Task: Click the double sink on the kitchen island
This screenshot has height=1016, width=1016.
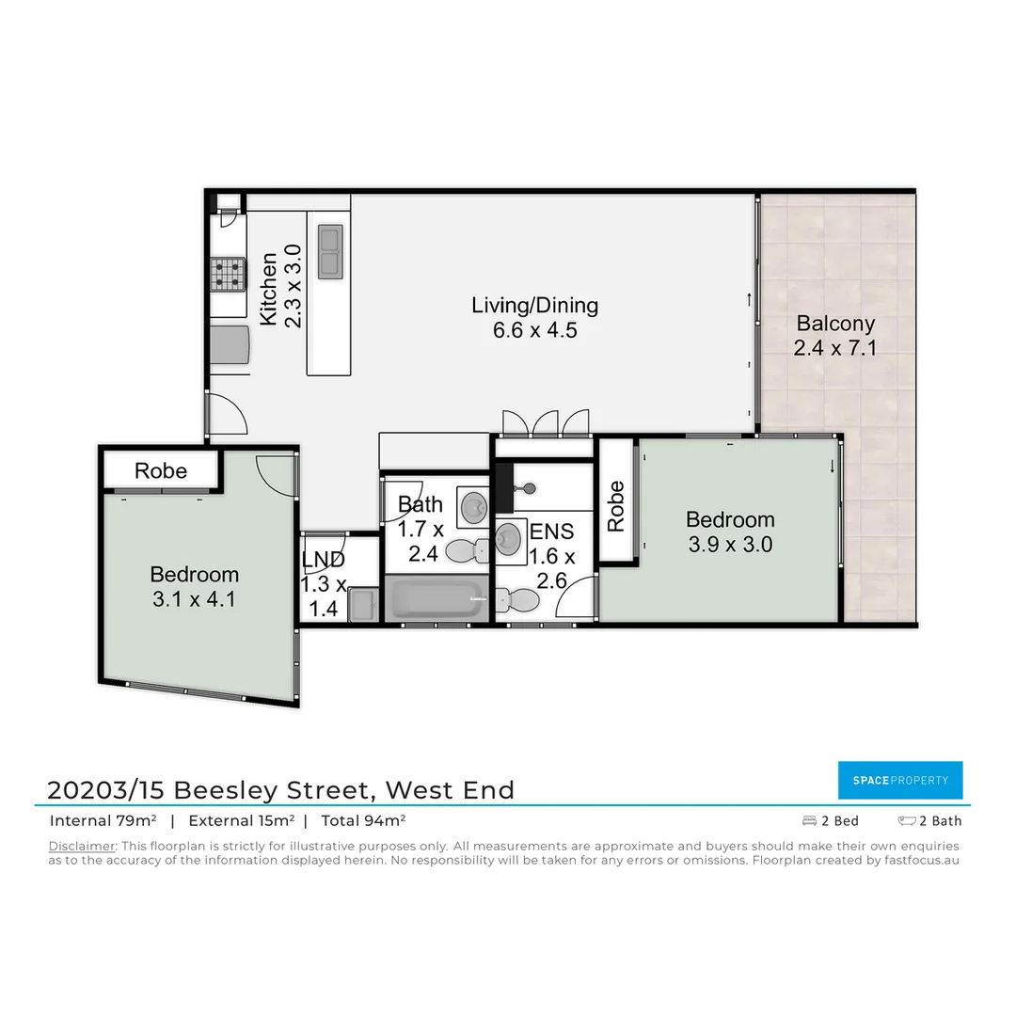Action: tap(330, 251)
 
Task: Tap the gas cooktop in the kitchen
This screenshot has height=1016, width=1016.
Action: tap(227, 274)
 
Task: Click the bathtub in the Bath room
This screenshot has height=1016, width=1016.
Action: tap(436, 598)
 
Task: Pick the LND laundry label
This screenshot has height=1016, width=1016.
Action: tap(323, 561)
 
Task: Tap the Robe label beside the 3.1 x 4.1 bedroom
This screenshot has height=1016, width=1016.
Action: tap(161, 470)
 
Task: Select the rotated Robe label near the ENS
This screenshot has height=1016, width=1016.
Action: tap(616, 507)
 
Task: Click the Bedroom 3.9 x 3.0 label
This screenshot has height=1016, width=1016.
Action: tap(730, 532)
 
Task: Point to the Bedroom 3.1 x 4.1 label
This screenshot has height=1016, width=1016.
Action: tap(194, 586)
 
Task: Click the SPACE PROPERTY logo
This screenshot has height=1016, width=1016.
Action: tap(900, 780)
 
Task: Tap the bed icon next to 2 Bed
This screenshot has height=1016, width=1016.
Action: tap(809, 821)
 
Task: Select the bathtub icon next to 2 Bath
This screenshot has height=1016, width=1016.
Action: tap(907, 821)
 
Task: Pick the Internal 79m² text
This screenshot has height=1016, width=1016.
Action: tap(103, 820)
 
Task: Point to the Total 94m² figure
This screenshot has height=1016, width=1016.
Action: tap(363, 820)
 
